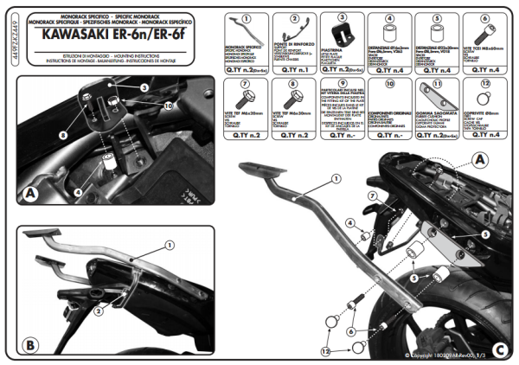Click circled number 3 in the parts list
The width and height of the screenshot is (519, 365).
click(343, 17)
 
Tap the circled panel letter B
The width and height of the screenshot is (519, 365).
click(30, 344)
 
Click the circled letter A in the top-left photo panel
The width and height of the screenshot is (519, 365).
click(30, 193)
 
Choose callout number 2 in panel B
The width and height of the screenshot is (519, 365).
click(99, 310)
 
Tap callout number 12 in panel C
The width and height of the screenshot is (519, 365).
click(325, 350)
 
